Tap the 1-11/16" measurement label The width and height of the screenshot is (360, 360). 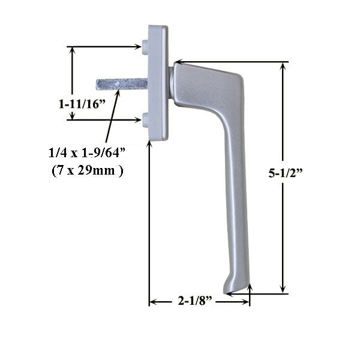(82, 103)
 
